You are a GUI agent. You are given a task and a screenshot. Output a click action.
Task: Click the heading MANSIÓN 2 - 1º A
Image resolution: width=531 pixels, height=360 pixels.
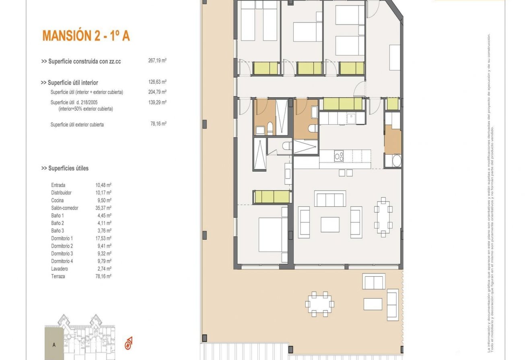86,36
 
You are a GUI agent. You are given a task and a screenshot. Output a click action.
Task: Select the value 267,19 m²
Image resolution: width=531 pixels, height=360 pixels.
157,61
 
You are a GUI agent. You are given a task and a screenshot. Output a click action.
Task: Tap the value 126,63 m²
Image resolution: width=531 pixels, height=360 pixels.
157,82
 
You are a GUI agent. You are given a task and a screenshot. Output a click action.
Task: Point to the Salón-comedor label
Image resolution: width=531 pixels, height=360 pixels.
64,208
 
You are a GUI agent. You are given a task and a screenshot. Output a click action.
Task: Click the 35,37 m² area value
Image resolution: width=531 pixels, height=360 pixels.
103,208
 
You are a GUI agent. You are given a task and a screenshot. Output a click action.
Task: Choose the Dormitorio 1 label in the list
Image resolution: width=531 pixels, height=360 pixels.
62,239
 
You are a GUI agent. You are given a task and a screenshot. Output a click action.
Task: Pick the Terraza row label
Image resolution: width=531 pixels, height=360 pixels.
58,276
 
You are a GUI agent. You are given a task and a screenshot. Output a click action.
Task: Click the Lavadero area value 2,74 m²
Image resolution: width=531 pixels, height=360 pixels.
103,269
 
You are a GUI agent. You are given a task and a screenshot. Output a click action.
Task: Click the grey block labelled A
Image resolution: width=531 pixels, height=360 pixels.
54,344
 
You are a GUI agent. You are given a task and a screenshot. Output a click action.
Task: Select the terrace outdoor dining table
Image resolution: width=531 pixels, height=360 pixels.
320,304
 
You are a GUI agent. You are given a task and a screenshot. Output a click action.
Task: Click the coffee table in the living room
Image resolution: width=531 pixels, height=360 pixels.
330,224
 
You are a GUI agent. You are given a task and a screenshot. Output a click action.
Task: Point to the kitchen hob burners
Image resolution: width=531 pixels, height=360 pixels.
339,155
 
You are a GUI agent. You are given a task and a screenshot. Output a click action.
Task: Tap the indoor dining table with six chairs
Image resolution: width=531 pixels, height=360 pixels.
383,217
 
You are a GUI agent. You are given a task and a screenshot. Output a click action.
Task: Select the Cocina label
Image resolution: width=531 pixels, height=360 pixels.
58,200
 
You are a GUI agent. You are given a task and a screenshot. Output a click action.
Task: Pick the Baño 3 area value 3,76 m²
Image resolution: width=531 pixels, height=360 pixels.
103,231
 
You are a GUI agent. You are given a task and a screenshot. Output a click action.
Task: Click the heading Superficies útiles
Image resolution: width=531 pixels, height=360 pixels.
65,168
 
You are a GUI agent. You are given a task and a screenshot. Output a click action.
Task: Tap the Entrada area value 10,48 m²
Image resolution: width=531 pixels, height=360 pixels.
103,185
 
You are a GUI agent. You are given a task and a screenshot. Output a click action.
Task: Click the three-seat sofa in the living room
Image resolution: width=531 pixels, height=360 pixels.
329,199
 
